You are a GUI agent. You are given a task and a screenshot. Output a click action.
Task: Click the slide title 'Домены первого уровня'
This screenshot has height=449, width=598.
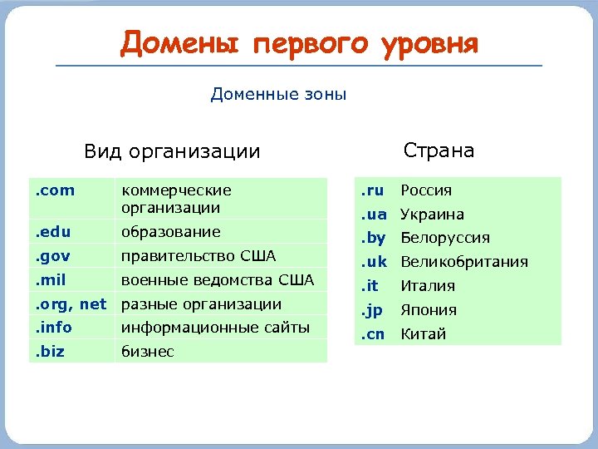click(299, 42)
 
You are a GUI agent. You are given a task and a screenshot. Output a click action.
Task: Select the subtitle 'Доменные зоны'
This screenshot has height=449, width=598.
click(278, 94)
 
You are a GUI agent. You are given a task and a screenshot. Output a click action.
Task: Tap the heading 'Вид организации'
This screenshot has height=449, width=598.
click(172, 151)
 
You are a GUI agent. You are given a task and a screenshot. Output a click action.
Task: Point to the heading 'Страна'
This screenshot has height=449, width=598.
click(439, 150)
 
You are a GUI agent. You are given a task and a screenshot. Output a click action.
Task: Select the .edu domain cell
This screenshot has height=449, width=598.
click(53, 232)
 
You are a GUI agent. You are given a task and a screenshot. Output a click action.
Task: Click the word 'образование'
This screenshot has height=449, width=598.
click(170, 232)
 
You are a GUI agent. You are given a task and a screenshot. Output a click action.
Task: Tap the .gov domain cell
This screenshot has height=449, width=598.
click(53, 255)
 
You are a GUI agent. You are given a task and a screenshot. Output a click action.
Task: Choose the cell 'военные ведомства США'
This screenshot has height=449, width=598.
click(218, 279)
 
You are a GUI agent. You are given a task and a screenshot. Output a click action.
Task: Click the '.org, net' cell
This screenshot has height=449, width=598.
click(71, 304)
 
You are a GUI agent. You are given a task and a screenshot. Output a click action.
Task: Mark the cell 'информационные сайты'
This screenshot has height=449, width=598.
click(215, 328)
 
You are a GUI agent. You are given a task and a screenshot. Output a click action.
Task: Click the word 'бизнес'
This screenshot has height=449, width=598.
click(148, 352)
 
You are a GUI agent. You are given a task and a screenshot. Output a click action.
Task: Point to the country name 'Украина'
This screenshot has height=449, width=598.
click(432, 215)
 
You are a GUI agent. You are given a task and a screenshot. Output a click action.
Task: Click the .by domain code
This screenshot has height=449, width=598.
click(373, 238)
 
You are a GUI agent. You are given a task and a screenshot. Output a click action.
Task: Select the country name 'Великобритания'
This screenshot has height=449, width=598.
click(464, 262)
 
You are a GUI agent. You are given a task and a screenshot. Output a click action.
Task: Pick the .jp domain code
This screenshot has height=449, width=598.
click(371, 310)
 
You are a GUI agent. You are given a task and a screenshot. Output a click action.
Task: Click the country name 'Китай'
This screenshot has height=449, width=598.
click(424, 334)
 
